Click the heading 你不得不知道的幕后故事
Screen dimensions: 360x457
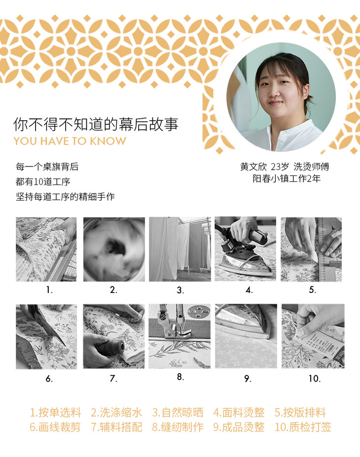pos(96,124)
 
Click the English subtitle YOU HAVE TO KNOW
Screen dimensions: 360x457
pos(70,141)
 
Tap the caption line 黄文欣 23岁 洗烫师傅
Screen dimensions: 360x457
pos(285,167)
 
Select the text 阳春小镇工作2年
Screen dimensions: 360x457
pos(287,178)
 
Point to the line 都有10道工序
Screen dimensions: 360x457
pos(43,181)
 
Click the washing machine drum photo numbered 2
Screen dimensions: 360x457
pos(114,249)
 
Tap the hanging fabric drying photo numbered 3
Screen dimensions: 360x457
pos(180,249)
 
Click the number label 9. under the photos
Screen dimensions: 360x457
pos(248,379)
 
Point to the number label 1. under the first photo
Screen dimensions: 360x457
pos(49,290)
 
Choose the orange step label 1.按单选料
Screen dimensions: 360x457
pos(55,413)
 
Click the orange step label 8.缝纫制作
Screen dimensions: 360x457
pos(178,427)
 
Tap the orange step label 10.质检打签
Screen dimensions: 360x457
pos(303,427)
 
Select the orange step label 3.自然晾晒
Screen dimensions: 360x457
pos(178,413)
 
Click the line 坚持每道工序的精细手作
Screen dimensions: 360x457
pos(65,197)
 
